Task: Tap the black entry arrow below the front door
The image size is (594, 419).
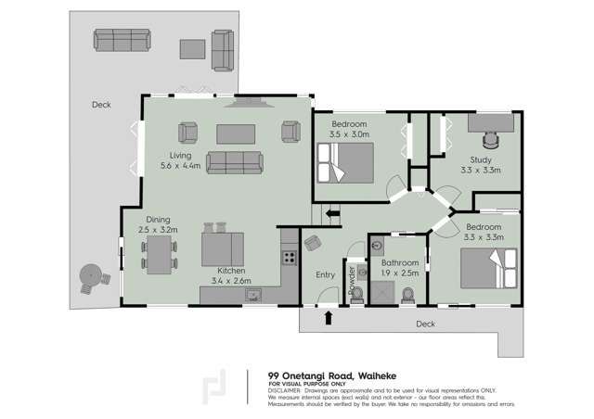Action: [327, 319]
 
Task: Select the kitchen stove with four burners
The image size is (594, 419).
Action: [289, 259]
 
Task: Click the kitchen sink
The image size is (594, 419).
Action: [252, 295]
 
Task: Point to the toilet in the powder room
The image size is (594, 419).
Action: [356, 298]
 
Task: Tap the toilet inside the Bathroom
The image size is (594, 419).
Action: [409, 296]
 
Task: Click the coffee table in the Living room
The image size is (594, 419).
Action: [235, 134]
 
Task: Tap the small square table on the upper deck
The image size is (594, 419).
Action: [193, 47]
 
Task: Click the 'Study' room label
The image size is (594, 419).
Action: [480, 159]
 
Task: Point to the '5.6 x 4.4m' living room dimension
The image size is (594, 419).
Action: [178, 166]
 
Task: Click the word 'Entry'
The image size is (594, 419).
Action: [325, 274]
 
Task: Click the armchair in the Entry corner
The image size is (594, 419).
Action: [313, 244]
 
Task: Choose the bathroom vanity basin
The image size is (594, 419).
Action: [377, 246]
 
